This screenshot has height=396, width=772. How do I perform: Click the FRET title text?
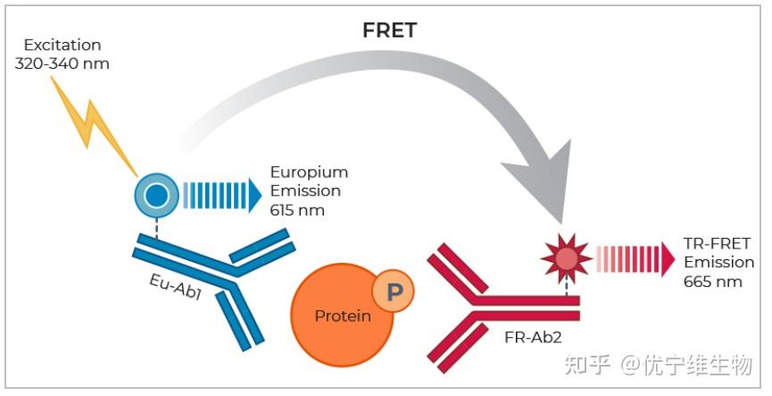click(389, 30)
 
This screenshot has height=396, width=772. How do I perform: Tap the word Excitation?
click(62, 45)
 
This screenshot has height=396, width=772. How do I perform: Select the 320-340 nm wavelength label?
click(62, 64)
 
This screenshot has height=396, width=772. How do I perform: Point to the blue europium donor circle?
click(156, 195)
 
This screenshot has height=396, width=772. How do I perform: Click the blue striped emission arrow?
click(222, 195)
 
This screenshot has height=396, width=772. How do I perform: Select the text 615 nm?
click(297, 211)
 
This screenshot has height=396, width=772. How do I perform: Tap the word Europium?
click(309, 173)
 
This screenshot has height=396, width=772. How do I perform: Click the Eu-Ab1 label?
click(175, 287)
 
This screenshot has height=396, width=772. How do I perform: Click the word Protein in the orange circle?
click(343, 316)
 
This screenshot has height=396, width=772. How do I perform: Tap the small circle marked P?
click(393, 291)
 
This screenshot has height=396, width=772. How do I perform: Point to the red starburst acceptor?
click(567, 258)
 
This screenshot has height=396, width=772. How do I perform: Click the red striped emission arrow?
click(635, 259)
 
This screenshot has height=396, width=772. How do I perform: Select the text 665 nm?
click(712, 282)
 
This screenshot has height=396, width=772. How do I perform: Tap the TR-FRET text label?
click(717, 244)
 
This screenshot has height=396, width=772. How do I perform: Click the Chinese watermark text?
click(659, 366)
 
